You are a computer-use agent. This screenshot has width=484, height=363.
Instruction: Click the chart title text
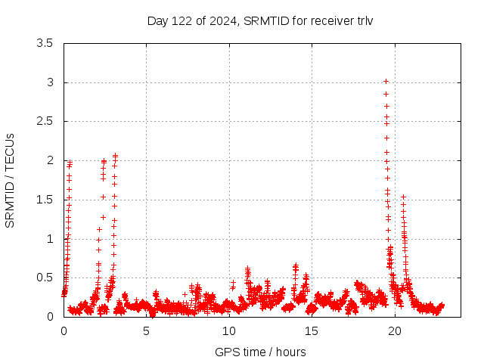pyautogui.click(x=260, y=20)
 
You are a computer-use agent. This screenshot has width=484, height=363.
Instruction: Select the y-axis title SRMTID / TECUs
pyautogui.click(x=11, y=180)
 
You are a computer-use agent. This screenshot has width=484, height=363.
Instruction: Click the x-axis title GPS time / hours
pyautogui.click(x=260, y=352)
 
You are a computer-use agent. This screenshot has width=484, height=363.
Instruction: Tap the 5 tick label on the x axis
pyautogui.click(x=147, y=331)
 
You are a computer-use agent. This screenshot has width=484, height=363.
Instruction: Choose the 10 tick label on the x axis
pyautogui.click(x=229, y=331)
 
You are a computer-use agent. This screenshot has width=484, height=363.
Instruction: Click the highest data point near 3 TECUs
pyautogui.click(x=386, y=81)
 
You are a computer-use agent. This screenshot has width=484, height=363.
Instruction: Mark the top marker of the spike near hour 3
pyautogui.click(x=115, y=156)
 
